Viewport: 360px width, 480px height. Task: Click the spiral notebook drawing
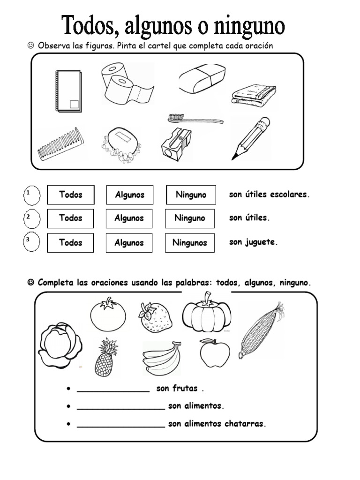tap(68, 91)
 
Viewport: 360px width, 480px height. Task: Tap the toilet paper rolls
tap(127, 83)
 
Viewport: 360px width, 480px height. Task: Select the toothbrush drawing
tap(195, 119)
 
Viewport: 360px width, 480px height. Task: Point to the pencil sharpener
tap(176, 144)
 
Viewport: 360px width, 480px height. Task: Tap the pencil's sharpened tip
tap(232, 159)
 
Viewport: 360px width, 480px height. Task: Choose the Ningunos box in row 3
tap(190, 243)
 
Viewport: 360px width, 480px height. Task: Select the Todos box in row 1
tap(71, 195)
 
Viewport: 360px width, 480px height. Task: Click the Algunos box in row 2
tap(129, 218)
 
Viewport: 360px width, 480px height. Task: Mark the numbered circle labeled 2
tap(32, 219)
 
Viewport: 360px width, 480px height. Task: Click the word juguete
tap(261, 242)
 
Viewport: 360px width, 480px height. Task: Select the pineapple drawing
tap(106, 357)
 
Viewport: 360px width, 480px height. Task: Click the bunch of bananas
tap(162, 359)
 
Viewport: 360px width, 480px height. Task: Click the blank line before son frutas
tap(113, 391)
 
